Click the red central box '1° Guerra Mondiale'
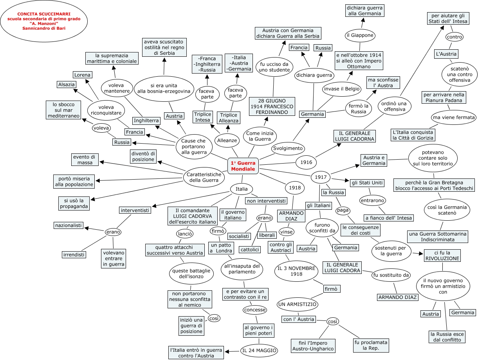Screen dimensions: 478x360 pyautogui.click(x=243, y=166)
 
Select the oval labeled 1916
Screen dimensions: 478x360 pyautogui.click(x=306, y=162)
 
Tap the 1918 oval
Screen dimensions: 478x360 pyautogui.click(x=295, y=187)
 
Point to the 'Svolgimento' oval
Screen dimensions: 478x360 pyautogui.click(x=288, y=148)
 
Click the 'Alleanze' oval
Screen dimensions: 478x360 pyautogui.click(x=227, y=140)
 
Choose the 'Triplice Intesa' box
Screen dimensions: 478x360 pyautogui.click(x=202, y=117)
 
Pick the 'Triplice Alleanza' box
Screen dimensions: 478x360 pyautogui.click(x=229, y=118)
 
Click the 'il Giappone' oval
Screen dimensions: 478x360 pyautogui.click(x=360, y=35)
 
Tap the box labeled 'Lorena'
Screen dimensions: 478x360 pyautogui.click(x=82, y=75)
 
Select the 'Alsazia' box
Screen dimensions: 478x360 pyautogui.click(x=67, y=85)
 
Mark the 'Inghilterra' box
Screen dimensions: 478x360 pyautogui.click(x=146, y=121)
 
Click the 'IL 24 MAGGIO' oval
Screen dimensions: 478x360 pyautogui.click(x=259, y=351)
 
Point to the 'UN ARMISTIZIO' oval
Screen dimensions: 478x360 pyautogui.click(x=297, y=304)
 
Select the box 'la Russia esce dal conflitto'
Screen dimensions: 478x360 pyautogui.click(x=447, y=337)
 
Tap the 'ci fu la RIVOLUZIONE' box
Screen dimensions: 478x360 pyautogui.click(x=442, y=256)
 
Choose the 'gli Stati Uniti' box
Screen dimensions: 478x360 pyautogui.click(x=367, y=183)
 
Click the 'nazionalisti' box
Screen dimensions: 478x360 pyautogui.click(x=69, y=225)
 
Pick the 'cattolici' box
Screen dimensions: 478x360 pyautogui.click(x=249, y=249)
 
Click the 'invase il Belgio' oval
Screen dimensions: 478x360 pyautogui.click(x=341, y=89)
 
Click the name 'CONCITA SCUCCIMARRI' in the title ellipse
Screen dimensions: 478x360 pyautogui.click(x=44, y=14)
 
